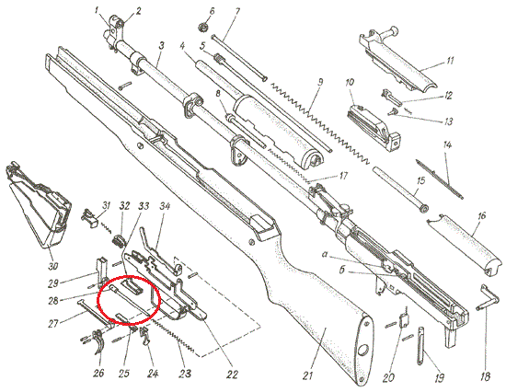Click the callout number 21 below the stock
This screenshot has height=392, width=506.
[307, 375]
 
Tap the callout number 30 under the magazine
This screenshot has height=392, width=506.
[53, 266]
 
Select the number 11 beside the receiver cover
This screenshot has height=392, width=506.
[450, 61]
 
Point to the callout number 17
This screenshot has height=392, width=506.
[343, 176]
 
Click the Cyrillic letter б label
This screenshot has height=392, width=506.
[343, 270]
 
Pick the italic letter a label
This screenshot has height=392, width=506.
[326, 255]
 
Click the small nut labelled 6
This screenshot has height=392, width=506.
[202, 27]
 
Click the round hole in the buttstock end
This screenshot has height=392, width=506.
[363, 349]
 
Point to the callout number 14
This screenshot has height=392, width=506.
[447, 145]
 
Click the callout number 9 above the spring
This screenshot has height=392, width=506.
[320, 82]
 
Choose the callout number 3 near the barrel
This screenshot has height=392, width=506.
[161, 45]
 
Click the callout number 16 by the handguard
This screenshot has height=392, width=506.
[481, 215]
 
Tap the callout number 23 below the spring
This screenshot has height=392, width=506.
[185, 374]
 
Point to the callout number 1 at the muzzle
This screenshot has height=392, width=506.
[97, 11]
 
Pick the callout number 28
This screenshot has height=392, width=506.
[53, 301]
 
